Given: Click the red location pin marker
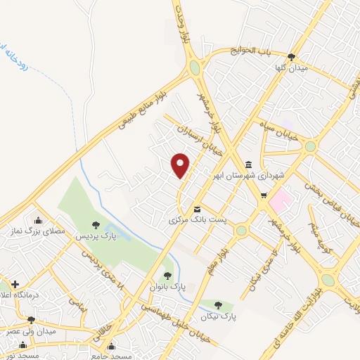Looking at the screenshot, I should pos(181,165).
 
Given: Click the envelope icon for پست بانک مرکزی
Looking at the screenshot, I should pos(197,209).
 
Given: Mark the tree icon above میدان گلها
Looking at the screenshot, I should pos(302,58).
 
